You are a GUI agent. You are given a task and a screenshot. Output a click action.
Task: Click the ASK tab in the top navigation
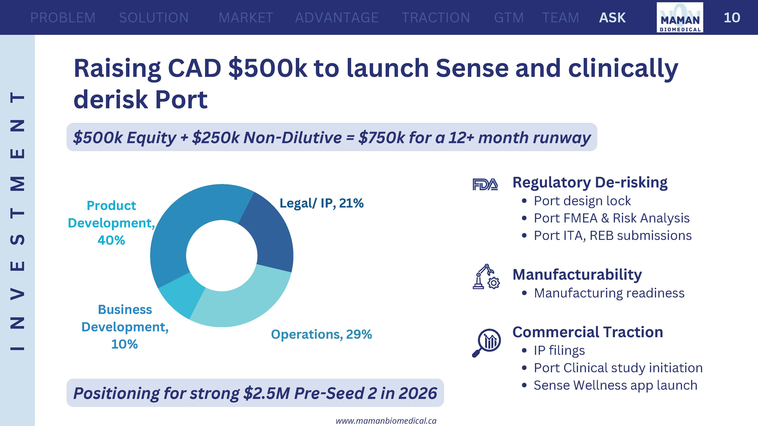coord(612,18)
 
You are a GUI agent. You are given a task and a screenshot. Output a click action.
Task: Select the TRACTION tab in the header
coord(436,18)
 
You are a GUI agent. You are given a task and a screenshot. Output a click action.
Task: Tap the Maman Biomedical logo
coord(680,17)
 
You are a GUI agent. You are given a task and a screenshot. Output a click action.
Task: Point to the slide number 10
coord(732,18)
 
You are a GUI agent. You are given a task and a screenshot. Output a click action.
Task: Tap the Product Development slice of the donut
coord(188,223)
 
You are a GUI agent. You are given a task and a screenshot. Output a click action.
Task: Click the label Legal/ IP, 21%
coord(321,203)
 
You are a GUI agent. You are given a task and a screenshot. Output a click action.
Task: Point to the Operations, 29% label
coord(321,334)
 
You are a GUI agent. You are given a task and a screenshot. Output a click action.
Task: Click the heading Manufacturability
coord(577,274)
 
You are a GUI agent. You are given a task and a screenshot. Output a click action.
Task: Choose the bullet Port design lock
coord(582,201)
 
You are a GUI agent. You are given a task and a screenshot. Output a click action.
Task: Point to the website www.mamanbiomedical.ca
coord(386,421)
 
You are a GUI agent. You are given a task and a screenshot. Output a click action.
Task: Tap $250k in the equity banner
coord(216,137)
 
